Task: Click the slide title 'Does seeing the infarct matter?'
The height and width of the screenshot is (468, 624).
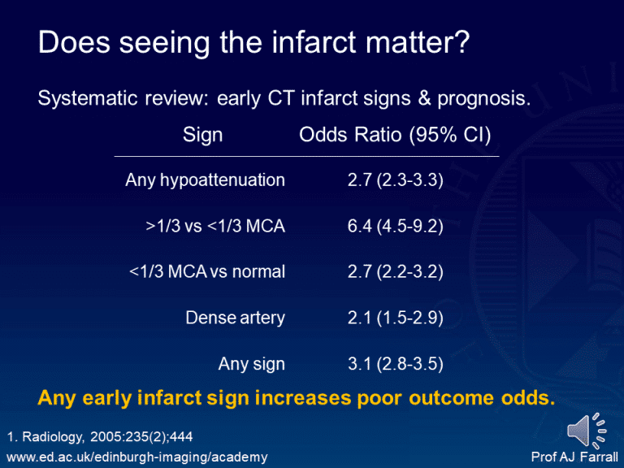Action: point(253,42)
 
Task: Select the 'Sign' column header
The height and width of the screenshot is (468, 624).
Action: point(202,135)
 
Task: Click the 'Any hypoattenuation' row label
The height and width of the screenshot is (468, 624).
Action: point(205,180)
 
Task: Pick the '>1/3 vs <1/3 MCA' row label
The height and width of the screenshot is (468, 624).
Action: point(215,227)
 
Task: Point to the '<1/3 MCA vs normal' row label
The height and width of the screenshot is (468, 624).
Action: point(207,272)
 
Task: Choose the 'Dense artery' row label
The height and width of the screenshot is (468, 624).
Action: point(235,318)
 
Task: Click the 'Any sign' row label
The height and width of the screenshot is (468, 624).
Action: point(251,365)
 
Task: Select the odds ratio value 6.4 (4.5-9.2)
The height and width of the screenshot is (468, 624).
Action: point(395,227)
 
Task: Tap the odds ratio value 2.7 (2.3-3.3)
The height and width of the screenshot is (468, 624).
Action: point(395,180)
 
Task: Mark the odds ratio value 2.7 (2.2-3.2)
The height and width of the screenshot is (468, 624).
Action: point(395,272)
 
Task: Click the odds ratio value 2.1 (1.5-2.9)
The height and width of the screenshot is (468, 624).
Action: point(395,318)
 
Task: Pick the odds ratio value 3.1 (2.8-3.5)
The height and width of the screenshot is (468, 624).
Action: point(395,365)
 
